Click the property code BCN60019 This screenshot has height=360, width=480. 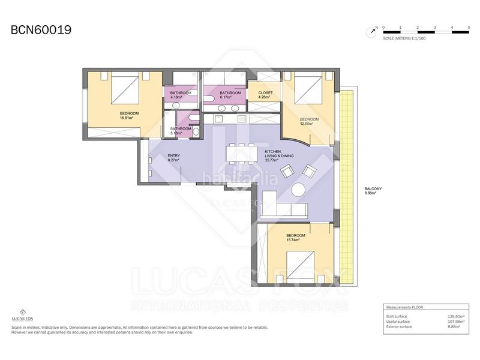point(41,29)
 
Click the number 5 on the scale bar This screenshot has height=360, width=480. point(469,28)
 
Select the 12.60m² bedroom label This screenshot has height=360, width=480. point(310,122)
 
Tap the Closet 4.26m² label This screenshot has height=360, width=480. point(265,95)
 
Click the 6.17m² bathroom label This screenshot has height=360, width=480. point(230,95)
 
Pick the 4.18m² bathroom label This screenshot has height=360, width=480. point(181,95)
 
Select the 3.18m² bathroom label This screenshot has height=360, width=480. point(181,131)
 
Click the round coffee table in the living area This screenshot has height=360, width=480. point(298,190)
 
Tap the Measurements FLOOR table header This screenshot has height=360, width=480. point(404,307)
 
